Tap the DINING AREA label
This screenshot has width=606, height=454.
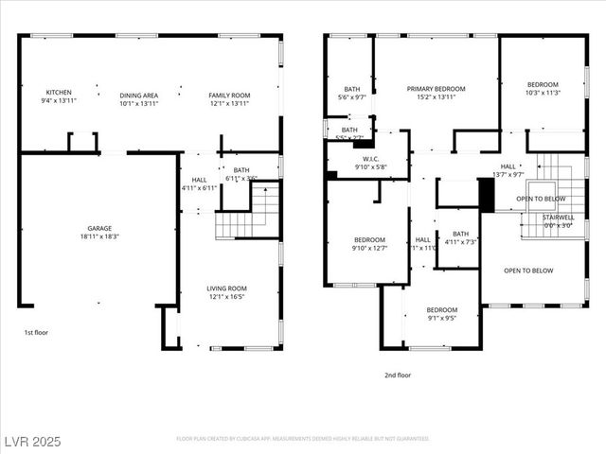click(x=138, y=95)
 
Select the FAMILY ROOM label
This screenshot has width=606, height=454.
click(x=229, y=95)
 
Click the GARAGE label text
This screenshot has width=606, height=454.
click(x=100, y=228)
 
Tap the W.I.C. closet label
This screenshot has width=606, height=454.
click(x=371, y=160)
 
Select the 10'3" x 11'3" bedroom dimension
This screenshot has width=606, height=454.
click(x=544, y=93)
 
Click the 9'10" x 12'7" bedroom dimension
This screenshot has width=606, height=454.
click(x=369, y=249)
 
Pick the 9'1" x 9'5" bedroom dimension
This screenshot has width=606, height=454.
click(x=441, y=319)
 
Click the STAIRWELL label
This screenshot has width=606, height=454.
click(x=558, y=217)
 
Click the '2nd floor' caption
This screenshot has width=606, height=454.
click(x=398, y=375)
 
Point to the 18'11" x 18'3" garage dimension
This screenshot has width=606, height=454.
click(x=100, y=236)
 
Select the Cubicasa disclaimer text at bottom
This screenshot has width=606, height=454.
click(x=303, y=439)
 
